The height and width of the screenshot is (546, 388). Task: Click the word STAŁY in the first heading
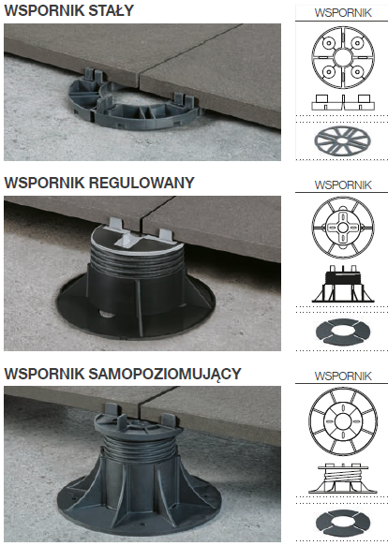point(112,10)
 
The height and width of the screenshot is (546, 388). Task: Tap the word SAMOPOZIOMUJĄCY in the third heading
point(165,374)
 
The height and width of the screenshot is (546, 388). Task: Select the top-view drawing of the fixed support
point(343,57)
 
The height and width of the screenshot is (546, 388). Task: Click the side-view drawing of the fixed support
point(343,102)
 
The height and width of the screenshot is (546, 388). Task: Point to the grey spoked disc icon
point(342,141)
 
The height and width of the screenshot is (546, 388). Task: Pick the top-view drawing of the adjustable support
point(343,228)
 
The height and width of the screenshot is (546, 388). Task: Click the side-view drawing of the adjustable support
point(343,284)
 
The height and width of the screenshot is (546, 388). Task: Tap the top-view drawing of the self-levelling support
point(343,421)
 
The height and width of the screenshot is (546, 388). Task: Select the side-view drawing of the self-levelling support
point(343,478)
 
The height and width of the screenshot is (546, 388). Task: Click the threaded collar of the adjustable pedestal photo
point(138,258)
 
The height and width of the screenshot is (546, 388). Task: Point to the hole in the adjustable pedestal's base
point(106,314)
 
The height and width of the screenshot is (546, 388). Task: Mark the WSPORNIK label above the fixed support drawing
point(343,13)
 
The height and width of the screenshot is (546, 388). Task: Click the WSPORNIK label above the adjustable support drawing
point(343,184)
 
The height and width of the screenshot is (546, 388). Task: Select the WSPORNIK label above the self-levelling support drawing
point(343,376)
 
